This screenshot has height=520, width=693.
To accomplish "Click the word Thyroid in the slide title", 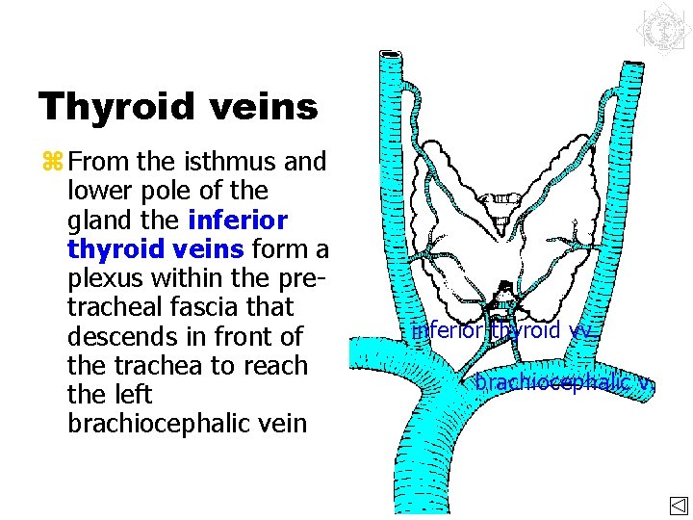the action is [x=115, y=107].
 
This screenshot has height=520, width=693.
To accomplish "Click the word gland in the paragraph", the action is [x=97, y=221].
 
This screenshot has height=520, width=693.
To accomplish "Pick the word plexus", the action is [x=104, y=279].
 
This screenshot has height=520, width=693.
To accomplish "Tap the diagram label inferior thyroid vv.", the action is [x=500, y=331].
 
